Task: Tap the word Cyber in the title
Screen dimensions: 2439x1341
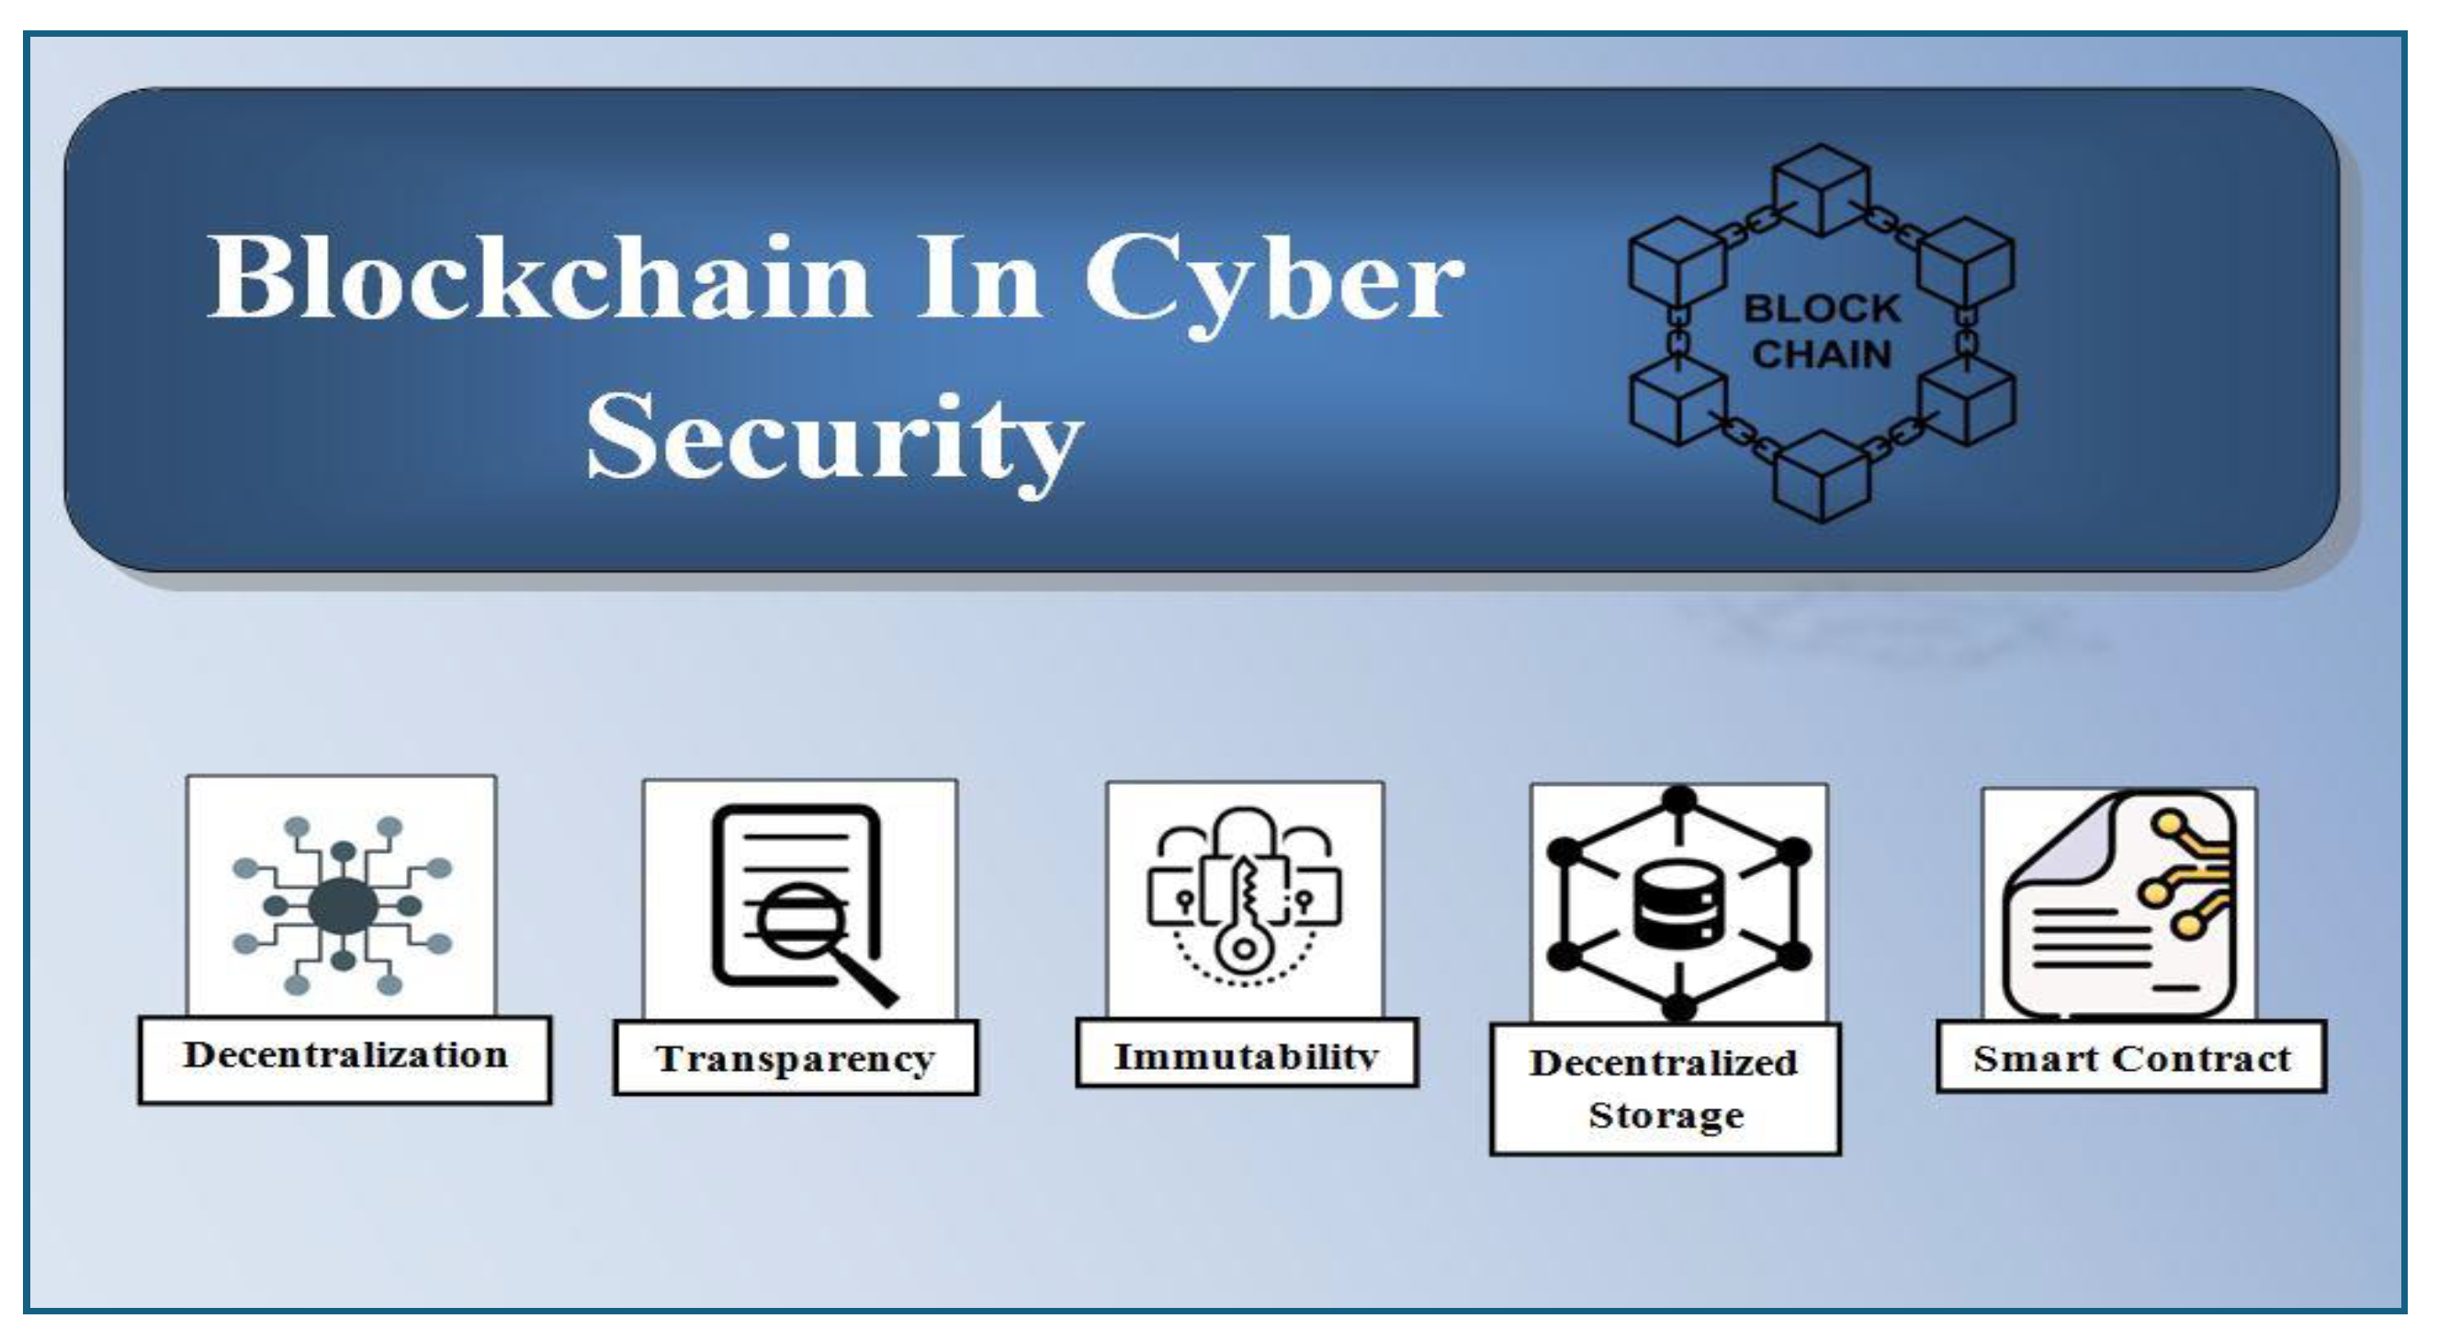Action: (x=1273, y=280)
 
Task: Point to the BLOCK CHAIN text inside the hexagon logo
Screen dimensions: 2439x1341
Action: (x=1821, y=332)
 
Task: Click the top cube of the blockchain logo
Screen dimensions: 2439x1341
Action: (x=1821, y=189)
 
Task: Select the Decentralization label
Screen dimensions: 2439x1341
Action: (x=344, y=1056)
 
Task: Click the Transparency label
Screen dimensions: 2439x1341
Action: (x=796, y=1059)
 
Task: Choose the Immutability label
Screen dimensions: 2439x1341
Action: (x=1246, y=1056)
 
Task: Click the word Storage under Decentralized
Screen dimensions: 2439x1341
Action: (x=1666, y=1116)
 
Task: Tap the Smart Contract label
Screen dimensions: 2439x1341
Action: (x=2131, y=1059)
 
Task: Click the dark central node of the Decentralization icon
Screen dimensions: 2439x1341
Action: (x=343, y=906)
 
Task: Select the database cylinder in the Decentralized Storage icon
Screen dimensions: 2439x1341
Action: (x=1678, y=906)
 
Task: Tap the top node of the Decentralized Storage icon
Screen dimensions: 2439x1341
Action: (x=1678, y=801)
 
